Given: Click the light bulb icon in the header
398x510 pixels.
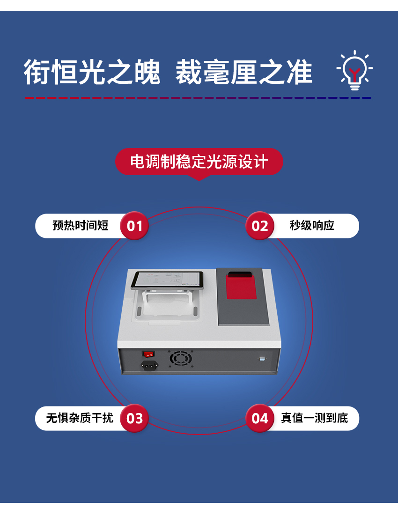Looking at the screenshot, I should (355, 71).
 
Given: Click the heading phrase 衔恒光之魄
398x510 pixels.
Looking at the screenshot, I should (92, 73).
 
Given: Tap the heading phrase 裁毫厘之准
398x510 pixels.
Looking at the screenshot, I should (243, 73).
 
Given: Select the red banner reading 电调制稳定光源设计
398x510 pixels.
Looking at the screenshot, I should (199, 162).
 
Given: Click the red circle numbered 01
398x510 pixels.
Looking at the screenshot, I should (134, 226).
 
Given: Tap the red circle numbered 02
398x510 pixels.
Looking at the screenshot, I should (259, 226).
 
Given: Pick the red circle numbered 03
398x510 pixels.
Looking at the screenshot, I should (134, 418).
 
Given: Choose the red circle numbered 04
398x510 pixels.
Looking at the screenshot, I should (259, 418).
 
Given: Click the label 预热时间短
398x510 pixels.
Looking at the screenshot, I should (80, 226).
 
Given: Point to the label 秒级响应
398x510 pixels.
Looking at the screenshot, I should (312, 226).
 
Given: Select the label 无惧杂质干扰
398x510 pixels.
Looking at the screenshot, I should (80, 418).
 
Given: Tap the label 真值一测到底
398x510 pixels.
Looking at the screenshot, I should (314, 418).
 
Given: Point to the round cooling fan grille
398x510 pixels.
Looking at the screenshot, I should (181, 359).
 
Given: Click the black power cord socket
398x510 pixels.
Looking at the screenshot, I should (149, 365).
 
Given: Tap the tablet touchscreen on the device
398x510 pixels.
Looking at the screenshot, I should (167, 280).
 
